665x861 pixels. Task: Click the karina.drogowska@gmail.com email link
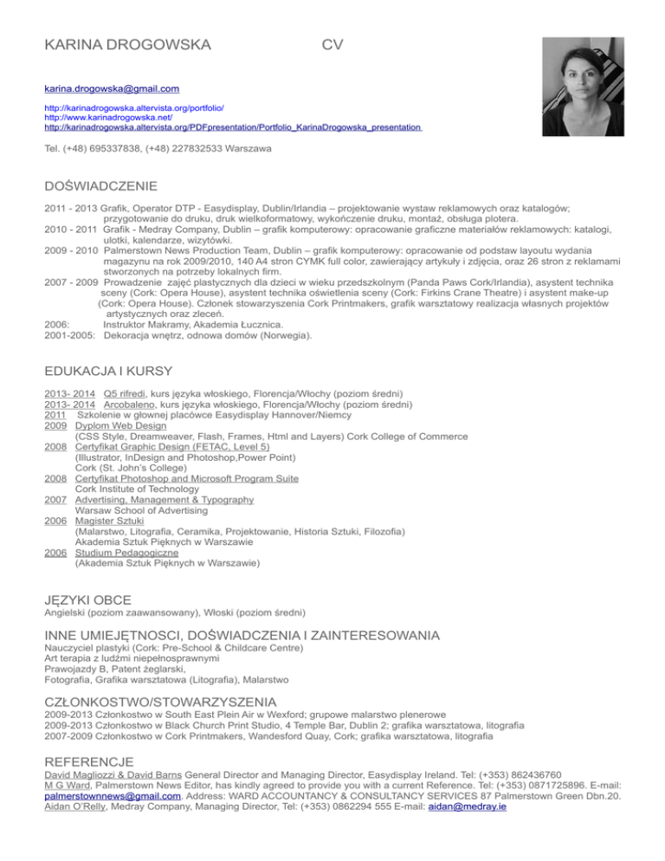point(112,88)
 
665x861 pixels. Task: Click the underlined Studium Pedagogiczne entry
point(127,552)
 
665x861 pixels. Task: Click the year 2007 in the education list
point(56,500)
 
